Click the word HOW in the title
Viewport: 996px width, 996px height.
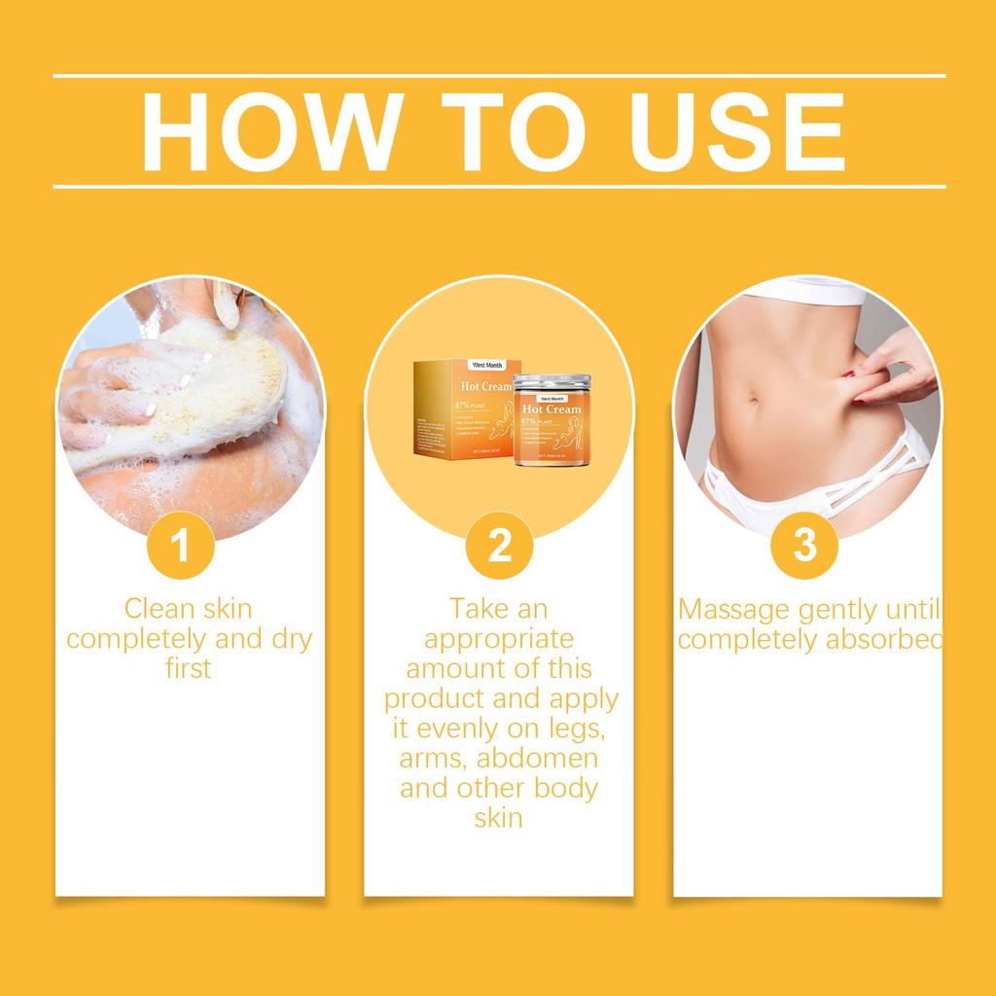(265, 130)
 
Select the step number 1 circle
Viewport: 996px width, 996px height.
(180, 546)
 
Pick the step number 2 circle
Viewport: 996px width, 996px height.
(498, 546)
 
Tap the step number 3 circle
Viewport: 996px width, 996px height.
(805, 546)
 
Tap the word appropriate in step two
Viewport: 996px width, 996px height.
(499, 639)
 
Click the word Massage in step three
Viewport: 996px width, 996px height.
(732, 610)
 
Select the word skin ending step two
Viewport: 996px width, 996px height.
(498, 817)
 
